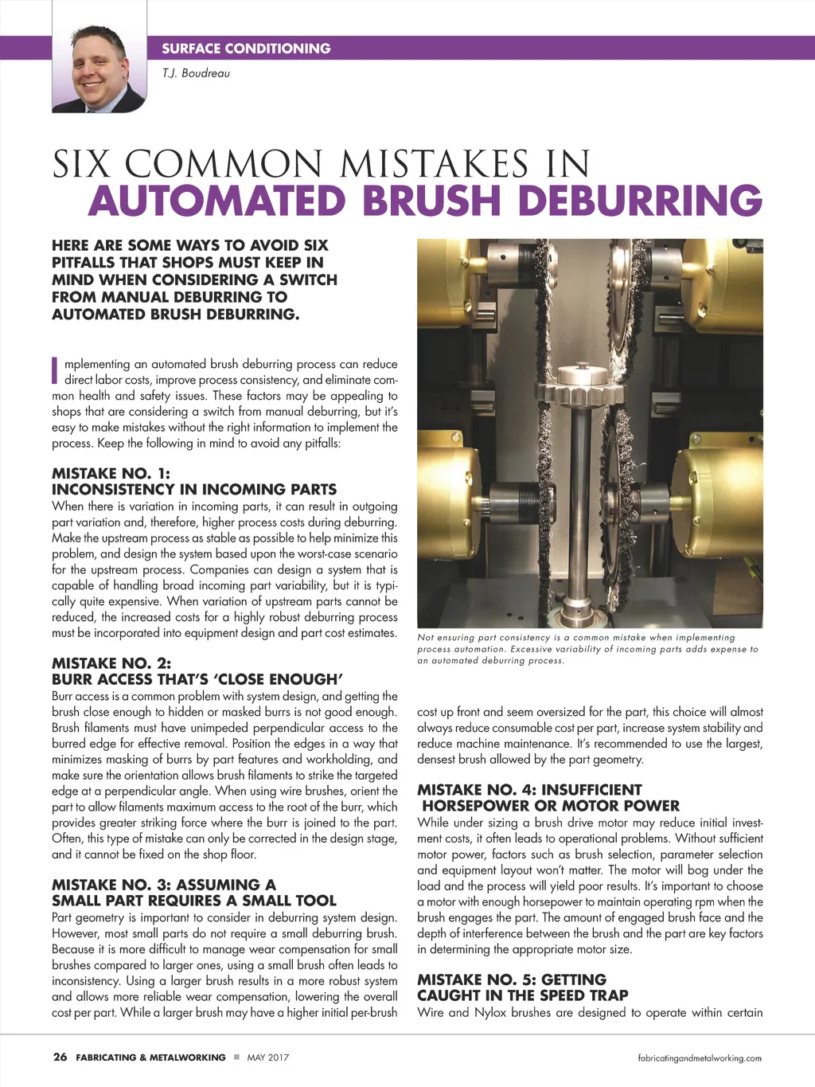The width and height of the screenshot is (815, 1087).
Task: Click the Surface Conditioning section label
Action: pos(246,49)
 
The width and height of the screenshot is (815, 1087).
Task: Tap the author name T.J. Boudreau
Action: pos(196,73)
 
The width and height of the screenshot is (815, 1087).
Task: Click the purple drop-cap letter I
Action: pos(55,370)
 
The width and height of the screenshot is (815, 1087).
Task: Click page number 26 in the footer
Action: pos(60,1058)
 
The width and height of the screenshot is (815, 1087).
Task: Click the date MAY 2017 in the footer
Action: pos(268,1058)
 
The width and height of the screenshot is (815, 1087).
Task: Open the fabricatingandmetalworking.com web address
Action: pos(700,1058)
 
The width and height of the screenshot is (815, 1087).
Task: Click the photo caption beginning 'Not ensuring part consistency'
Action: pos(587,648)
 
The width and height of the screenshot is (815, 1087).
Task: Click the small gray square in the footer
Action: pos(236,1058)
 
